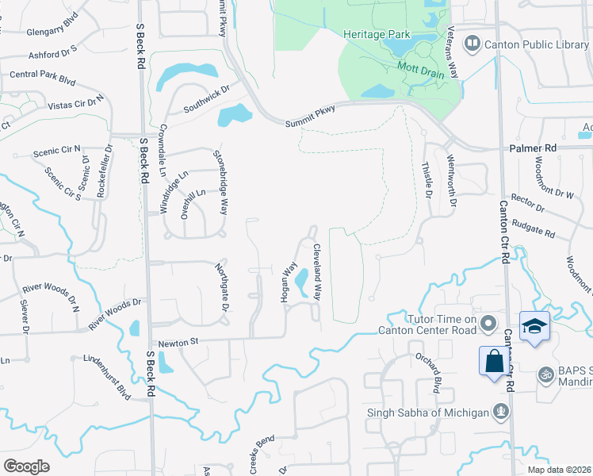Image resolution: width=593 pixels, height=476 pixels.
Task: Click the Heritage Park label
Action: pos(377,34)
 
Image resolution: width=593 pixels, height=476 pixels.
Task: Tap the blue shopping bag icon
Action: pos(494,361)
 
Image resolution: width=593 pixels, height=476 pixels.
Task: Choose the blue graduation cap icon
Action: pos(534,326)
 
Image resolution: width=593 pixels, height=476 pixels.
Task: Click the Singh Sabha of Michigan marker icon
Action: pos(500,411)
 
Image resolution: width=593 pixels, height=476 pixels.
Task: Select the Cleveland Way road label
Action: pos(317,271)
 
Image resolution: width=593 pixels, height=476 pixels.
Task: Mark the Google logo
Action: pos(26,466)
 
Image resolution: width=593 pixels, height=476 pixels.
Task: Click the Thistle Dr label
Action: pos(428,182)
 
